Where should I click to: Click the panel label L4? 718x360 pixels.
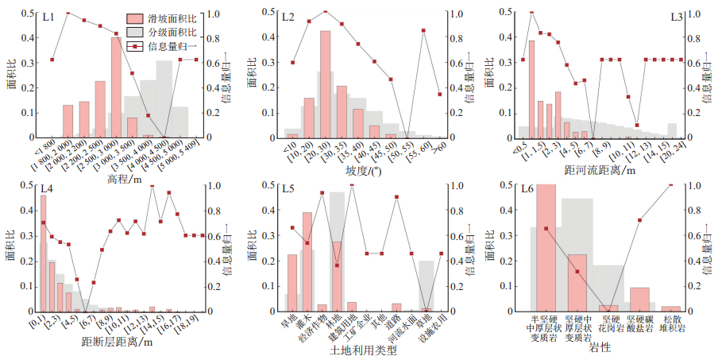point(48,190)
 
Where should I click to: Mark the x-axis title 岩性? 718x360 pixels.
point(601,348)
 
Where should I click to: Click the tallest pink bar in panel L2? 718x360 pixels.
point(325,83)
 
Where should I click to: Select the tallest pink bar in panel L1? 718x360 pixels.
point(116,87)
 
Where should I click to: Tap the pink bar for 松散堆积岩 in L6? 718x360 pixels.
point(671,308)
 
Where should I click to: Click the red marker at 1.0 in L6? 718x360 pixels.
point(671,185)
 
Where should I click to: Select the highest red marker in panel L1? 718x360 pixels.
point(68,14)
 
